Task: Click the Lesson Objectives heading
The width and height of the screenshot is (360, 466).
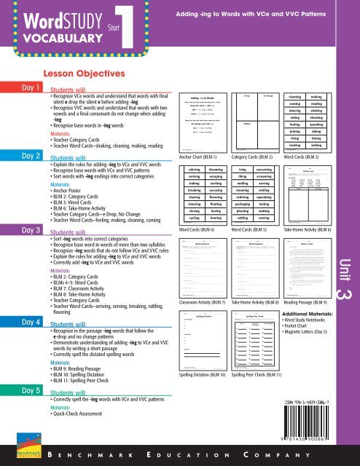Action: tap(79, 74)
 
